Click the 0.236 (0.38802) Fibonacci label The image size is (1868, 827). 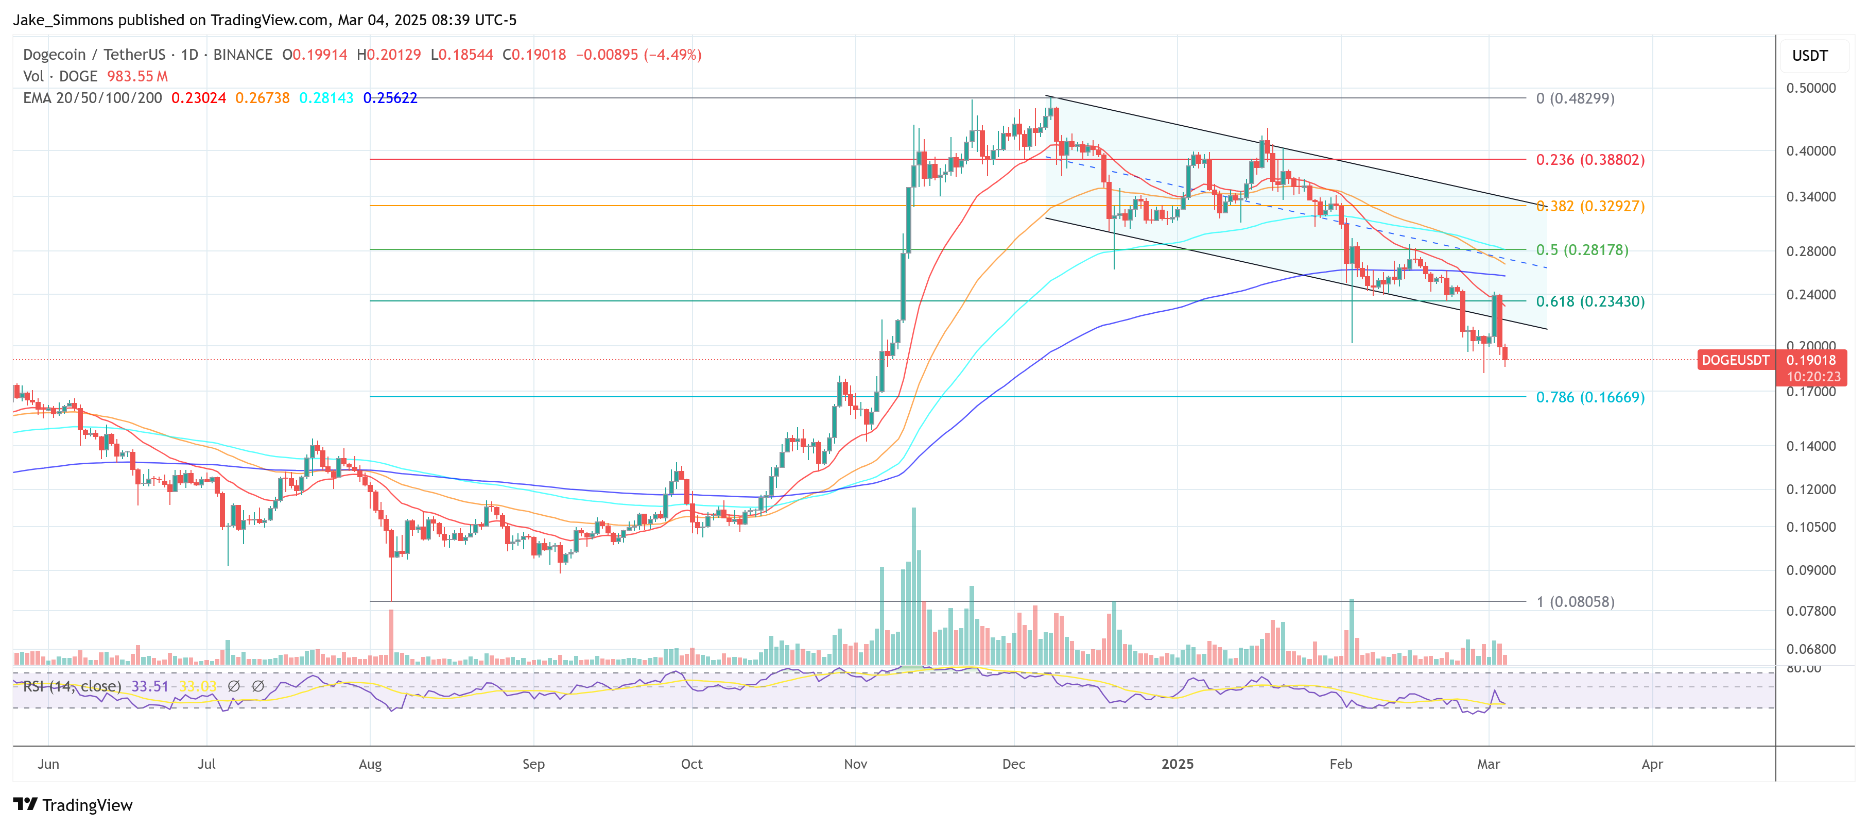(x=1589, y=160)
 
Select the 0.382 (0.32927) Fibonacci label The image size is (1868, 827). (x=1589, y=206)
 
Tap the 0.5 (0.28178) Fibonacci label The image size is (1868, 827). (x=1582, y=249)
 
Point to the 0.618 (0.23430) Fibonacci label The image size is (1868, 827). (x=1589, y=301)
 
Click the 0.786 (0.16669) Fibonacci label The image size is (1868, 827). (x=1589, y=397)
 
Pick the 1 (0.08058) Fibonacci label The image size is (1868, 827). (x=1575, y=601)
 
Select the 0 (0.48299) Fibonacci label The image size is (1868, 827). (x=1575, y=98)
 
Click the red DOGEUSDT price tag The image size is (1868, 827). (x=1735, y=360)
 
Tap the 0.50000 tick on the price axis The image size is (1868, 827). (x=1811, y=88)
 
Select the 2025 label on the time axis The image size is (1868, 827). (x=1177, y=764)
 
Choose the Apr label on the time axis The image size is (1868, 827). (x=1652, y=764)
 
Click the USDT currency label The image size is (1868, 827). (x=1809, y=56)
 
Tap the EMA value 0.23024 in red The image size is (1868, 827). (x=198, y=98)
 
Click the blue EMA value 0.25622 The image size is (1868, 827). (x=390, y=98)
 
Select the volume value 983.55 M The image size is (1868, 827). (x=137, y=76)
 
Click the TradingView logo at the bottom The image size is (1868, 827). (x=73, y=805)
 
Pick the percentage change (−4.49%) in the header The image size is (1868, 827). (x=672, y=55)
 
